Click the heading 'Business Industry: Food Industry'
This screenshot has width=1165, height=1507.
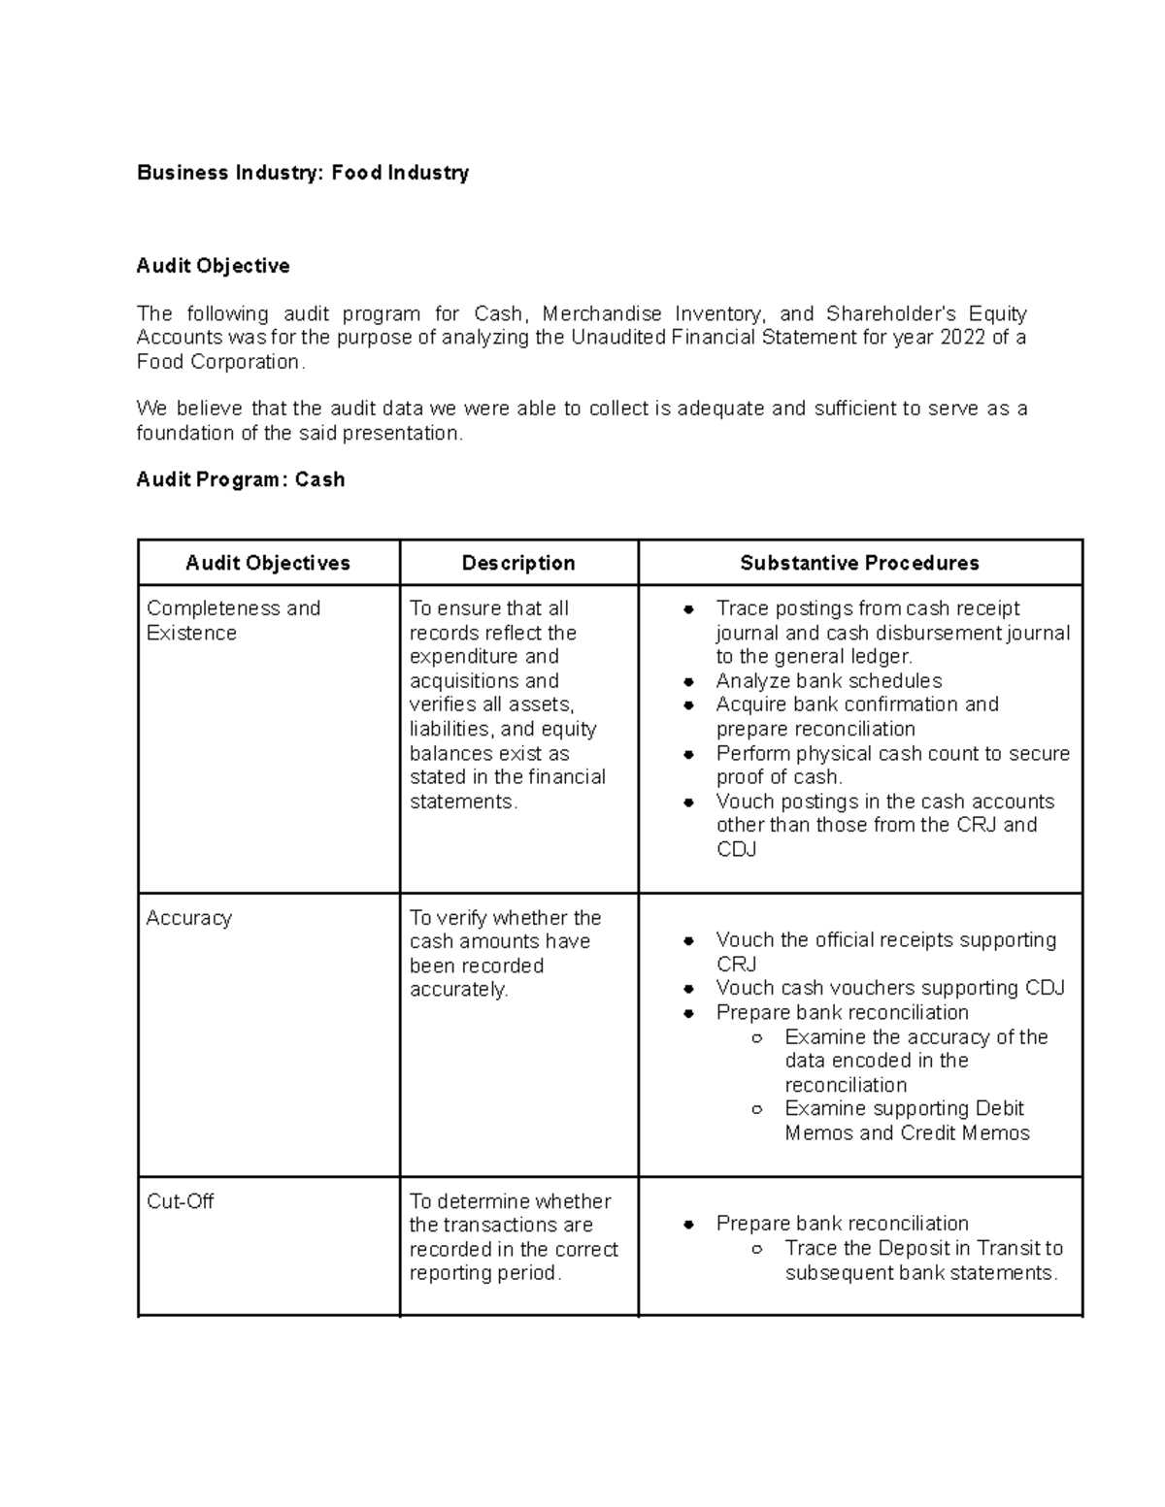tap(302, 173)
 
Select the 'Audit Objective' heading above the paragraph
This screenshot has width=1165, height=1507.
tap(213, 266)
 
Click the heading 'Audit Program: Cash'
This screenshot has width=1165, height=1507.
tap(240, 479)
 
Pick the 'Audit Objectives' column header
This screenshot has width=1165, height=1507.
tap(267, 563)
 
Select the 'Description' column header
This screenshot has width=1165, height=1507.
tap(518, 563)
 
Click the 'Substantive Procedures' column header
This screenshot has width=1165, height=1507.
tap(859, 563)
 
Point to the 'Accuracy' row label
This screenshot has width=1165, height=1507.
tap(188, 918)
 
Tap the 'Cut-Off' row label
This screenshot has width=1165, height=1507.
tap(180, 1201)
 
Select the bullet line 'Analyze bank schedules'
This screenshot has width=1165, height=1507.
tap(828, 681)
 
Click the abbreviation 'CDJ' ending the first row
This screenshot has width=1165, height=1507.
tap(736, 849)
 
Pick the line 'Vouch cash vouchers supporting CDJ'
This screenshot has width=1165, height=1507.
tap(889, 988)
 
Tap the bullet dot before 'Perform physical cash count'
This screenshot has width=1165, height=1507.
tap(688, 754)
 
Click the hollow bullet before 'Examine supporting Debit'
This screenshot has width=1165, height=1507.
tap(756, 1109)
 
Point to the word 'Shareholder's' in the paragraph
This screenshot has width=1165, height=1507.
tap(890, 313)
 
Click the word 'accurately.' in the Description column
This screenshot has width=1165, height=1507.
tap(458, 990)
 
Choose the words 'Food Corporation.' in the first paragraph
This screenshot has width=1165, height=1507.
tap(220, 362)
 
